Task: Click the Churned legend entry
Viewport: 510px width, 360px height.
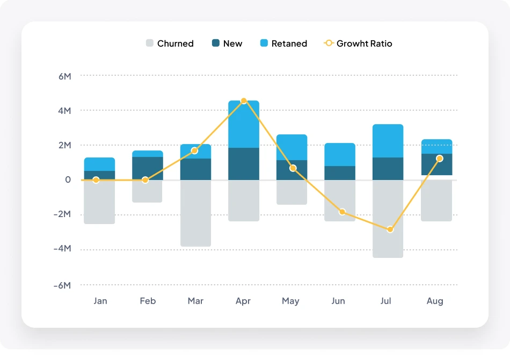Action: tap(170, 44)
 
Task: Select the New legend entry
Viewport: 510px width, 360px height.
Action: tap(227, 44)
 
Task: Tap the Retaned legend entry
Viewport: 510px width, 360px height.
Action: tap(283, 44)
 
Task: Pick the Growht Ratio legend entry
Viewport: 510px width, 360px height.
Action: tap(358, 44)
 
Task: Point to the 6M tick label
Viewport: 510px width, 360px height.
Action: tap(64, 76)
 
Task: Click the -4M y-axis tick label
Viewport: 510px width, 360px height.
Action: tap(62, 249)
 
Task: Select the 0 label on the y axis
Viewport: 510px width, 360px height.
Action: tap(68, 180)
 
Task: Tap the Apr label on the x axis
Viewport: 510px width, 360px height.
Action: tap(243, 301)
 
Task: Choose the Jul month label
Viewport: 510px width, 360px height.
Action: tap(386, 301)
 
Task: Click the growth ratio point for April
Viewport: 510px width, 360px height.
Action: tap(244, 101)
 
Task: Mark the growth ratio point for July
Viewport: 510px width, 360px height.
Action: tap(390, 229)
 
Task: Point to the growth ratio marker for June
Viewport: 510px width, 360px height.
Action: tap(342, 212)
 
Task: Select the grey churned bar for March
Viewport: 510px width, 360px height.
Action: tap(195, 213)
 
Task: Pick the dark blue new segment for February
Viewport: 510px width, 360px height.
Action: tap(148, 168)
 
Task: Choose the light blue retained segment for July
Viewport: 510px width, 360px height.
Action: tap(388, 141)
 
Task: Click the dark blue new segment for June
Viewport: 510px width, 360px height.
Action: tap(340, 173)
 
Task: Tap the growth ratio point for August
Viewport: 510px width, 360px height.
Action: tap(440, 159)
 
